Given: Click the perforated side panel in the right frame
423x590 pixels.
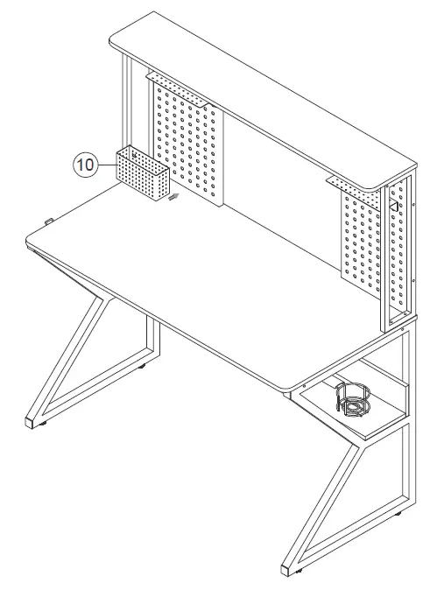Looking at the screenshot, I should (x=401, y=249).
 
